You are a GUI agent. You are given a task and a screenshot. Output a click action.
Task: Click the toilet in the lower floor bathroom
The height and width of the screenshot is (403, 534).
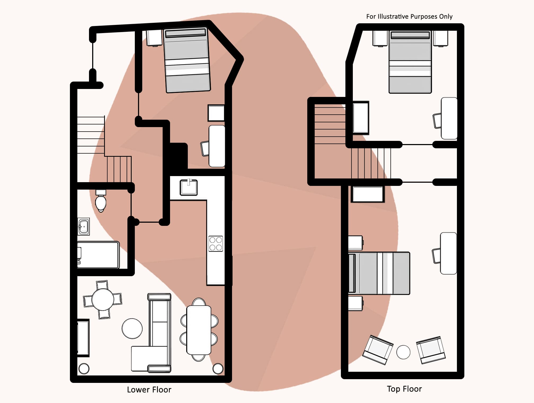click(101, 201)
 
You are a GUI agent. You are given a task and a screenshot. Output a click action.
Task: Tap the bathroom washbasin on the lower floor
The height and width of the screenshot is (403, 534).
click(83, 226)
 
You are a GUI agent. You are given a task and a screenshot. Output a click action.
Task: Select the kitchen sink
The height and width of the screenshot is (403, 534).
click(189, 187)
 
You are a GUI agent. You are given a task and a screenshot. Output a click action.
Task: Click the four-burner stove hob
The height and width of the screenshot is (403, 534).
click(216, 244)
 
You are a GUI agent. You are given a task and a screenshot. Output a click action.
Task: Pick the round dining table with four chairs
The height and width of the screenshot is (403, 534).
click(103, 300)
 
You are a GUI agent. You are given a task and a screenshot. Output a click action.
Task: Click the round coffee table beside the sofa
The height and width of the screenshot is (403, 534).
click(132, 328)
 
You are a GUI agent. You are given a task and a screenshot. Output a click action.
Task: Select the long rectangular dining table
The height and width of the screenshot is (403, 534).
click(199, 330)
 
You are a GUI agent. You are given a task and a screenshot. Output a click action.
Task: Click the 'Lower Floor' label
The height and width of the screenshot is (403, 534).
click(149, 390)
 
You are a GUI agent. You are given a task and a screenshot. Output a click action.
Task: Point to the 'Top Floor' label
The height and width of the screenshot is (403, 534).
click(404, 389)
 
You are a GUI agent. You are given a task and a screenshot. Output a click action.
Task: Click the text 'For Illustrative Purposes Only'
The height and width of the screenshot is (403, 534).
click(409, 16)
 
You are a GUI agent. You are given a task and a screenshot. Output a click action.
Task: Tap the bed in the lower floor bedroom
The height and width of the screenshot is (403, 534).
click(187, 60)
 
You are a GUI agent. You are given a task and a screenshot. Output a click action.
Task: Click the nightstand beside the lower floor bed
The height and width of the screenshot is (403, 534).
click(154, 38)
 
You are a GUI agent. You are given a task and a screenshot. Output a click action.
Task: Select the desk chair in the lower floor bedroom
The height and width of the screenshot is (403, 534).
click(205, 149)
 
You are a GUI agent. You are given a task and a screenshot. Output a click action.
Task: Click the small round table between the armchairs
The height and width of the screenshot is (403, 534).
click(403, 352)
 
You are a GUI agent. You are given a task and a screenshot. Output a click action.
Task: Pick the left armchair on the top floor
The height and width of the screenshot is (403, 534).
click(378, 350)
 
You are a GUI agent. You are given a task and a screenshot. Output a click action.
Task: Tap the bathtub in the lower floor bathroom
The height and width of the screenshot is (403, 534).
click(98, 255)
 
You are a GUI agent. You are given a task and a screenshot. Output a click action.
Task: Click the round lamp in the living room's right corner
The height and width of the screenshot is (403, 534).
click(218, 368)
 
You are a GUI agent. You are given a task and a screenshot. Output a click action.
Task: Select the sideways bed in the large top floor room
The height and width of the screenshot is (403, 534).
click(379, 273)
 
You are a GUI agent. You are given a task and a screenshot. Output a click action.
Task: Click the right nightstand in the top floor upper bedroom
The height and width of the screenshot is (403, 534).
click(440, 38)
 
